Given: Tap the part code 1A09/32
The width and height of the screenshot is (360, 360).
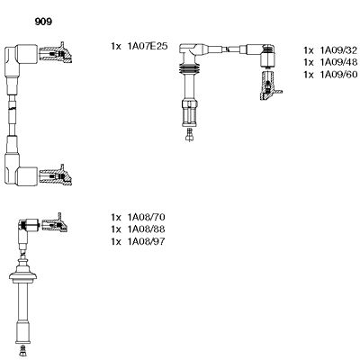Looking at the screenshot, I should pos(337,49).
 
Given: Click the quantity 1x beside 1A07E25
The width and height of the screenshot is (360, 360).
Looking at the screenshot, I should pos(115,46).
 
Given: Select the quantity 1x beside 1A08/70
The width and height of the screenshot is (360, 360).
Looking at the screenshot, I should pos(115,219).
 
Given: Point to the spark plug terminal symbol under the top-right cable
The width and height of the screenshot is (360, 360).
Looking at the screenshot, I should pos(190,134).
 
